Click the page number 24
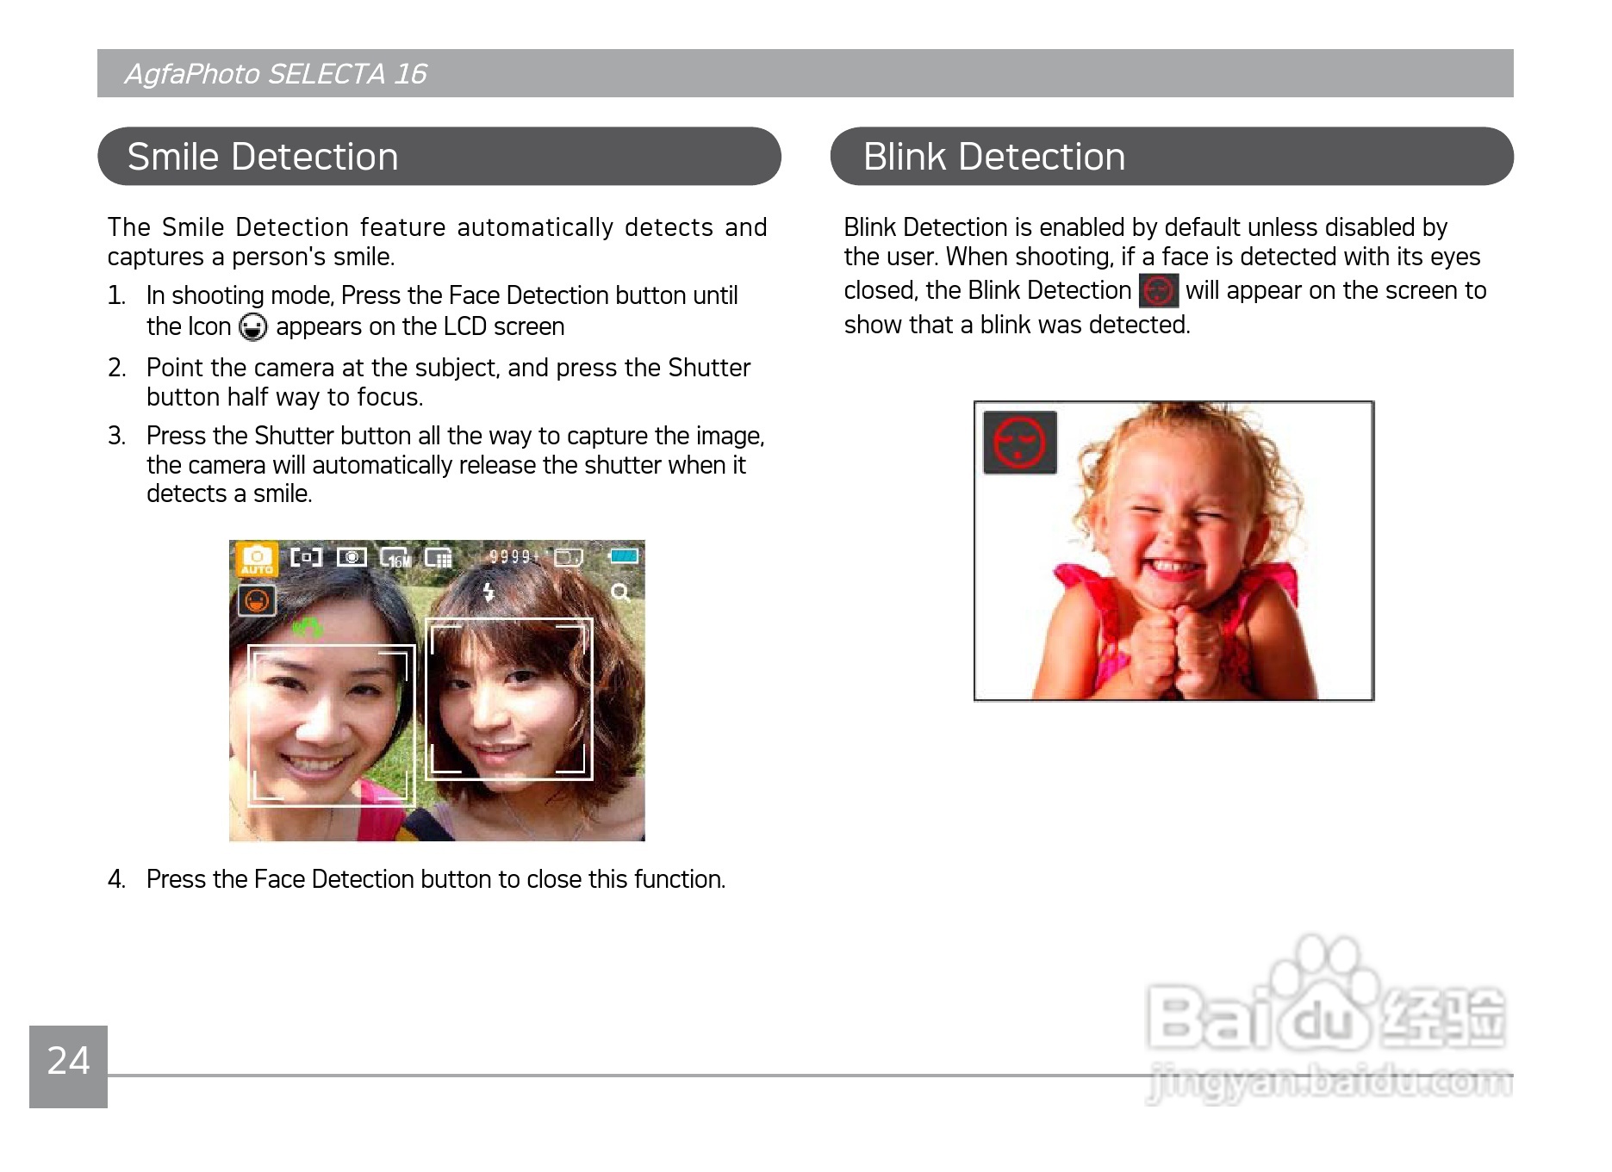point(68,1061)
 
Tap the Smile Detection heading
point(263,157)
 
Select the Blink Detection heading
point(994,157)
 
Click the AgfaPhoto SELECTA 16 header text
point(276,74)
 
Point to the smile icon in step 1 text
point(253,327)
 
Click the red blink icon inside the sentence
point(1158,291)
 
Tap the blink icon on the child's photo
point(1020,443)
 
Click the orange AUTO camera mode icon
point(257,560)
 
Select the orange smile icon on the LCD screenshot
point(257,600)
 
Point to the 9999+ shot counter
point(513,557)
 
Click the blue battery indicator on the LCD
point(625,556)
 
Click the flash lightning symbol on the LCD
point(489,592)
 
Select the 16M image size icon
point(396,558)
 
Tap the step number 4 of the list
point(116,879)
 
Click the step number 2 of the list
point(116,368)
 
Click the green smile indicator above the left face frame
point(308,628)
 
